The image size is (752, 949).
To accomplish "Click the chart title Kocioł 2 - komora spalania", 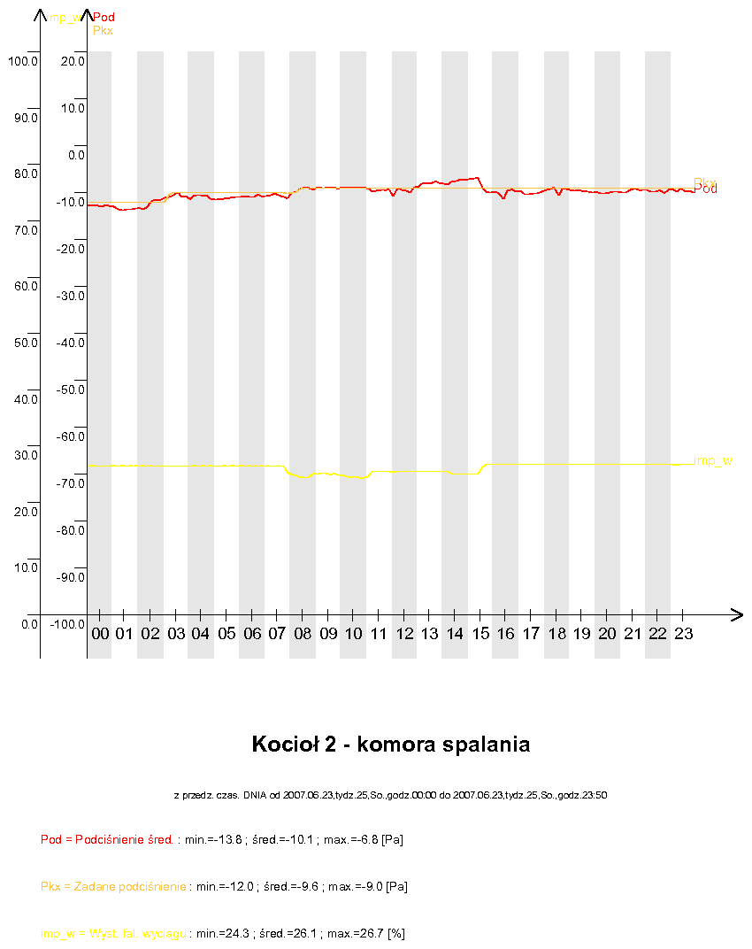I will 391,745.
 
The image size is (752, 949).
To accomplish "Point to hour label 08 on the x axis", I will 303,634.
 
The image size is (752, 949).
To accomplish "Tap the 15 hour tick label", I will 480,634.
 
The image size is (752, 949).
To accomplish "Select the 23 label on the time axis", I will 683,634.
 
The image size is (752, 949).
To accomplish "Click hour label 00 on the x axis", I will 100,634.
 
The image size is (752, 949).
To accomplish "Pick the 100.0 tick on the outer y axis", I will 22,61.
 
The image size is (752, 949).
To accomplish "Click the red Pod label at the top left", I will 104,17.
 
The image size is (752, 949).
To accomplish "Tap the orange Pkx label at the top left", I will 103,30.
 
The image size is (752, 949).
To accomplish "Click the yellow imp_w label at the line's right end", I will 713,460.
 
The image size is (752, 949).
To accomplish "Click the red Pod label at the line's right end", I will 706,189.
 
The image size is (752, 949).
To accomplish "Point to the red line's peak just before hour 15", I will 477,177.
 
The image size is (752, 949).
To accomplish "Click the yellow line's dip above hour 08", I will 301,476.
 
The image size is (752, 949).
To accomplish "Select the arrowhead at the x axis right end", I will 737,613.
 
